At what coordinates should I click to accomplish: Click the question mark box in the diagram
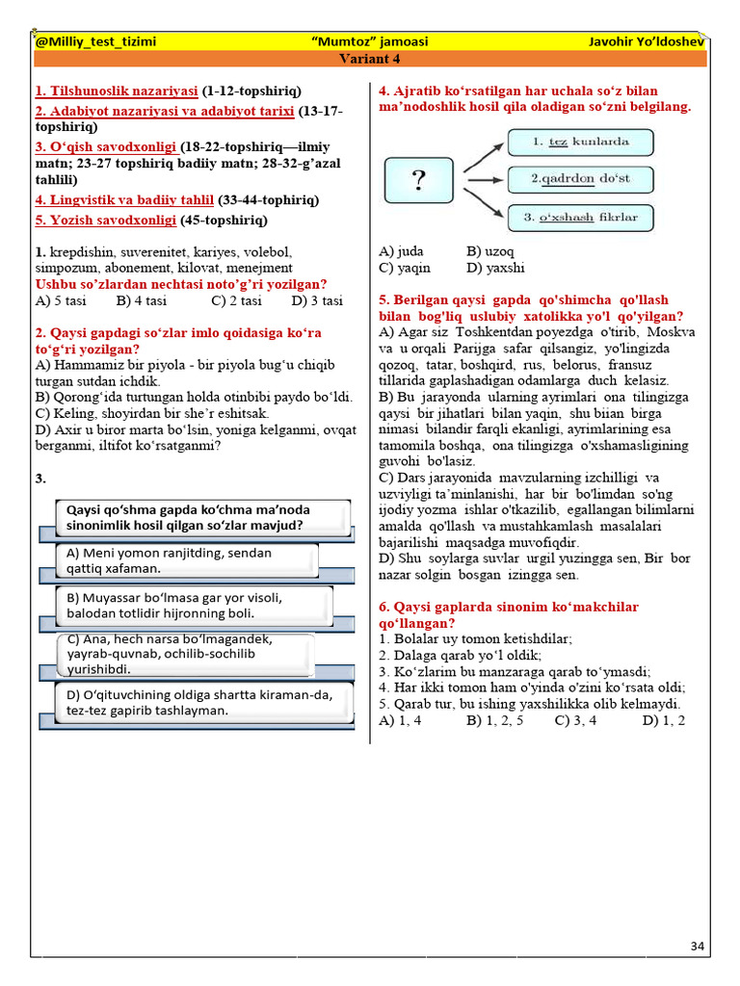pos(419,179)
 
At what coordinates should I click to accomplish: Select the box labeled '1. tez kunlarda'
pos(580,143)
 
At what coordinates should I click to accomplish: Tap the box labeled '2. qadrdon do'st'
pos(580,179)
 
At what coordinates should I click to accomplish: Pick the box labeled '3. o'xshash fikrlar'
pos(580,217)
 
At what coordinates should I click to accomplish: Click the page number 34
pos(698,947)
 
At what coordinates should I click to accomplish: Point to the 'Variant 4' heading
pos(369,59)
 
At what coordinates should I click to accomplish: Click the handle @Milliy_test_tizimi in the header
pos(95,42)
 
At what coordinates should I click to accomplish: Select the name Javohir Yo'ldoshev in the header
pos(647,42)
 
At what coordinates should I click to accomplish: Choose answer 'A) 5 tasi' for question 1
pos(60,300)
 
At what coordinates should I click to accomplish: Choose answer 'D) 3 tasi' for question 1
pos(317,300)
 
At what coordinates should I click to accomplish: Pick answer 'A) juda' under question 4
pos(401,251)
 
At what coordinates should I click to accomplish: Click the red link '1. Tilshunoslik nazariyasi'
pos(117,91)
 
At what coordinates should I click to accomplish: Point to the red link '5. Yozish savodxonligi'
pos(106,221)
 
